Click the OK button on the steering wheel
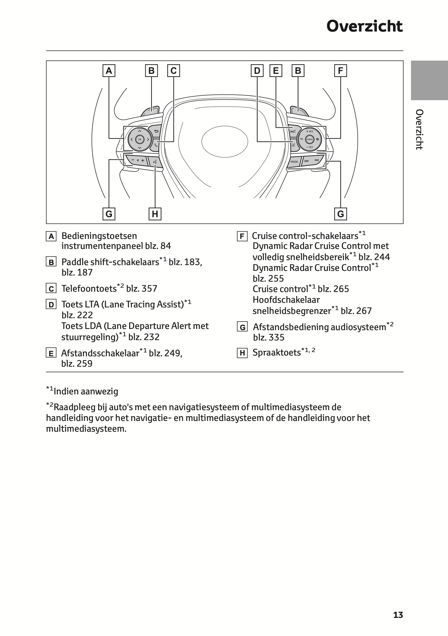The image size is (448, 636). click(139, 139)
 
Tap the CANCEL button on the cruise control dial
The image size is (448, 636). click(309, 139)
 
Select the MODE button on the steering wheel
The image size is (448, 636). click(294, 162)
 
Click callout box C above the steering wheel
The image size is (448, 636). click(173, 71)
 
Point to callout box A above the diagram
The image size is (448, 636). click(109, 71)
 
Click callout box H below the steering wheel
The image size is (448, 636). click(155, 214)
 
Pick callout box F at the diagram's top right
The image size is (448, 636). click(340, 71)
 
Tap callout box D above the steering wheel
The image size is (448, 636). click(257, 71)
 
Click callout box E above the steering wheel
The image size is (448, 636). click(276, 71)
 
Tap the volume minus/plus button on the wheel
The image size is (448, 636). click(137, 160)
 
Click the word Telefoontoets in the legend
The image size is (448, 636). click(89, 289)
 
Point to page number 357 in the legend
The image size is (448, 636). click(149, 289)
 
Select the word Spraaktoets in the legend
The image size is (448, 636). click(276, 352)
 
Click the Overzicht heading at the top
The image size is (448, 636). click(364, 27)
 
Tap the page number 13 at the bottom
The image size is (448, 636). click(398, 615)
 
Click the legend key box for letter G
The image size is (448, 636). click(242, 327)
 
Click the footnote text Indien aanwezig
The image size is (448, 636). click(86, 391)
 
